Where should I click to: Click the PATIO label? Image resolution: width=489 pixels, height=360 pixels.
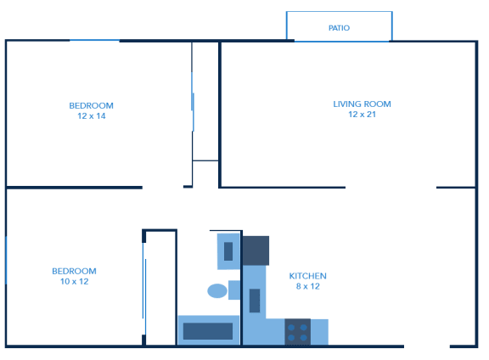[339, 28]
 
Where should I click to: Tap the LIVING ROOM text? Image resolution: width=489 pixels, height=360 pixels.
[362, 104]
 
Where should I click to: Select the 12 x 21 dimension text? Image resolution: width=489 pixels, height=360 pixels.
[362, 115]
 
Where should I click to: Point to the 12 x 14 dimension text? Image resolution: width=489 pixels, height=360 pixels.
[92, 116]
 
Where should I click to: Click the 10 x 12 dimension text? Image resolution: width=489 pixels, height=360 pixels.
[74, 281]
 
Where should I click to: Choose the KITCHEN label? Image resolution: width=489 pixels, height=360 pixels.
[307, 276]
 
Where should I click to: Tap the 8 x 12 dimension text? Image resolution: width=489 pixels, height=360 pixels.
[308, 286]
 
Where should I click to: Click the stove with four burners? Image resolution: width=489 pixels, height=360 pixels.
[297, 332]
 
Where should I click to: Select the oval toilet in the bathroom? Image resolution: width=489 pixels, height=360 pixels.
[217, 290]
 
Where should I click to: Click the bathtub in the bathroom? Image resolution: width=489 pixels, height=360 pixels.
[208, 330]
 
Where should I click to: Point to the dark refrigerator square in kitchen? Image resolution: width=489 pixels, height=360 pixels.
[256, 250]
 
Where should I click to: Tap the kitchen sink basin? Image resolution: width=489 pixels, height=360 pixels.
[255, 301]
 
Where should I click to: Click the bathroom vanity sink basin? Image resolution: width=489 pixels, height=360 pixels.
[228, 251]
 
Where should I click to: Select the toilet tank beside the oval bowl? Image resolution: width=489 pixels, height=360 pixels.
[234, 290]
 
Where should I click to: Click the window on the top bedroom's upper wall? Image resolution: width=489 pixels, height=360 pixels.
[94, 40]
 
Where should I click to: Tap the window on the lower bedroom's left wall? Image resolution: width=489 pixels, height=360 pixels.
[6, 261]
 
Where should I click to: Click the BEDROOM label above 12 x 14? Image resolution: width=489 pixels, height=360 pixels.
[91, 106]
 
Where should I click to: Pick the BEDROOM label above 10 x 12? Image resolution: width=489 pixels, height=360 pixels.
[74, 271]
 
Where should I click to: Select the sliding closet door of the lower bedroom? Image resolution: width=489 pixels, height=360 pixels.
[144, 289]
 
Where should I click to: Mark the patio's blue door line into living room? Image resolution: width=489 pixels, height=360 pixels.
[341, 41]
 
